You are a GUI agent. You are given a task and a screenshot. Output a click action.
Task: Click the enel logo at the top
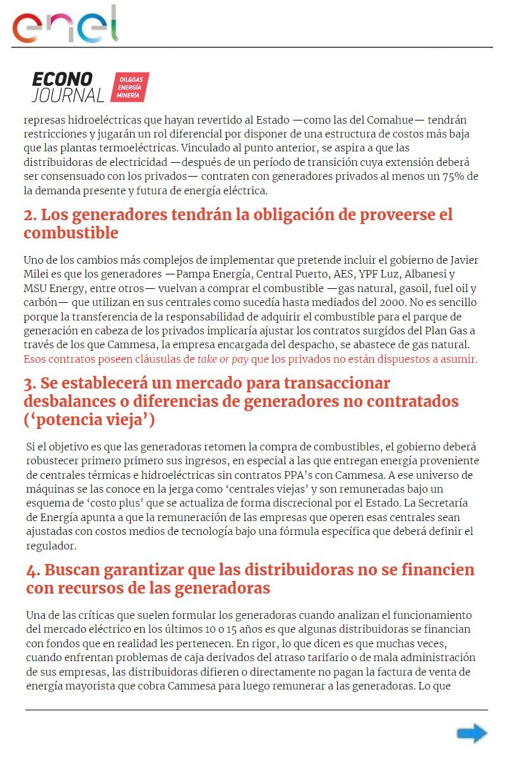65,25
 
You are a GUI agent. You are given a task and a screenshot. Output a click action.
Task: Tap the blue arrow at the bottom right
472,733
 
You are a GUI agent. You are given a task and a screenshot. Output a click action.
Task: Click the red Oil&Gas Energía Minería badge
129,87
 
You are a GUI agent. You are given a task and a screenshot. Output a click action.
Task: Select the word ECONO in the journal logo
62,79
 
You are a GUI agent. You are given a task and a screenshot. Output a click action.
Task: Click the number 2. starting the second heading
30,215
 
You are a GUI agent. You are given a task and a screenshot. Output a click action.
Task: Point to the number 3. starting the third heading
30,384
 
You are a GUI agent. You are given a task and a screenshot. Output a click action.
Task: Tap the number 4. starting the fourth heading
33,570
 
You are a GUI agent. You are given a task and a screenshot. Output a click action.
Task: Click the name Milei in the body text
38,274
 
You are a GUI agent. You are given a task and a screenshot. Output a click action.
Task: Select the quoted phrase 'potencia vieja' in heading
89,420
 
